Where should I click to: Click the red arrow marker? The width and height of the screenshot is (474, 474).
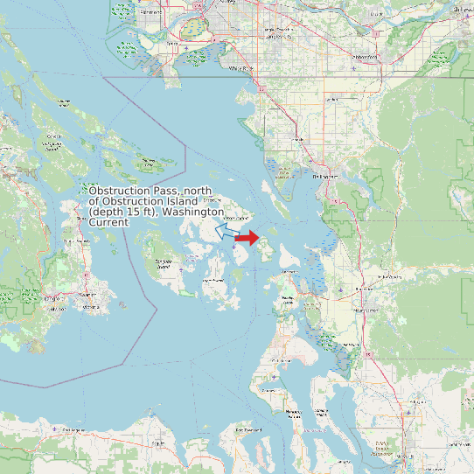click(247, 238)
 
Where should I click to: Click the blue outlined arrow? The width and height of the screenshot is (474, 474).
click(225, 232)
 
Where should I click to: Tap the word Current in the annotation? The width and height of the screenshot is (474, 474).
click(108, 223)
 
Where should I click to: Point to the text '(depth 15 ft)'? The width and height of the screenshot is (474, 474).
click(122, 213)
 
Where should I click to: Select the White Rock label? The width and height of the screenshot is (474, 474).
click(242, 67)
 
